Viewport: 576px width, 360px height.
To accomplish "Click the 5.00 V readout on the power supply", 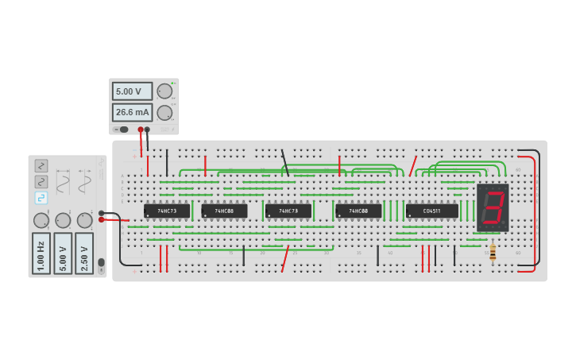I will (x=132, y=91).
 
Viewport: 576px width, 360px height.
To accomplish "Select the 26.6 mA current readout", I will (x=132, y=112).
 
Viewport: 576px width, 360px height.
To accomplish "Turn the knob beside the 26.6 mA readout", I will (x=164, y=112).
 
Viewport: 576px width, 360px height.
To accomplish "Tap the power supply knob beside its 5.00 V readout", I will (x=164, y=91).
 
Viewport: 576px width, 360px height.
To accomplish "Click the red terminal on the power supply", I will (x=140, y=129).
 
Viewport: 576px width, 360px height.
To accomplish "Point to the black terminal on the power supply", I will (x=147, y=129).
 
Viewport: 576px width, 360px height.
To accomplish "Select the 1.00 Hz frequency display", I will (x=41, y=254).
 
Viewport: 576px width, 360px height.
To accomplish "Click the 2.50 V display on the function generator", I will (x=84, y=254).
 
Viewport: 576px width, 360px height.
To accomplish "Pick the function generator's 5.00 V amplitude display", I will (x=63, y=254).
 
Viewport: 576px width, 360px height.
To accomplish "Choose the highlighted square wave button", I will (x=41, y=198).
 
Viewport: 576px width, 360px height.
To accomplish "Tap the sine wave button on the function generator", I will (x=41, y=182).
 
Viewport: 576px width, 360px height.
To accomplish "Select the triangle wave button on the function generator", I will (x=41, y=166).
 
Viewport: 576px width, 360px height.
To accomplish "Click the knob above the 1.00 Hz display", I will (x=41, y=220).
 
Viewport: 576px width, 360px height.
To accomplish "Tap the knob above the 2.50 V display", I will (x=84, y=220).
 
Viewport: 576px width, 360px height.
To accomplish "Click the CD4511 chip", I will (x=432, y=211).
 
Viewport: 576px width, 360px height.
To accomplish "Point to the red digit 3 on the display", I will (x=493, y=207).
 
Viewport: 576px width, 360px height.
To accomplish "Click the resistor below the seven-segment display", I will (x=493, y=252).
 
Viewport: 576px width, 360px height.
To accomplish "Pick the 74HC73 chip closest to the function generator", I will (x=167, y=211).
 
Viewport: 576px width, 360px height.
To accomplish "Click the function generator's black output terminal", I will (x=102, y=212).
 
